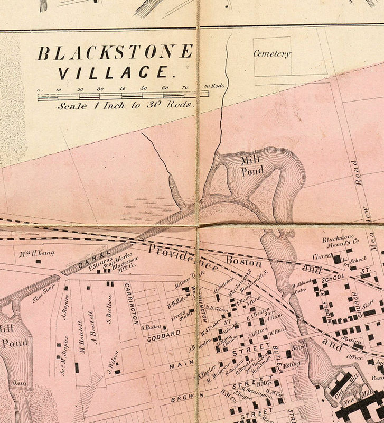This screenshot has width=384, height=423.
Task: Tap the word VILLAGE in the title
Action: click(115, 72)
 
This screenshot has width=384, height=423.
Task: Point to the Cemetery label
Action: click(272, 53)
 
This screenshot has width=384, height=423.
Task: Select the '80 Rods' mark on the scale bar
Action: click(214, 86)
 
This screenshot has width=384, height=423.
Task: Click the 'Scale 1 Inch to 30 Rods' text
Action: click(126, 105)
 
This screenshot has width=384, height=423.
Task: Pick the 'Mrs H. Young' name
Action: click(37, 253)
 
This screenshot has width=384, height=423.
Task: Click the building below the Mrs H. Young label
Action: click(38, 261)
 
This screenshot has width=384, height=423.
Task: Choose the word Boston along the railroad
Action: click(243, 262)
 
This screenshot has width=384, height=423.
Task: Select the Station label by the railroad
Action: click(352, 340)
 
